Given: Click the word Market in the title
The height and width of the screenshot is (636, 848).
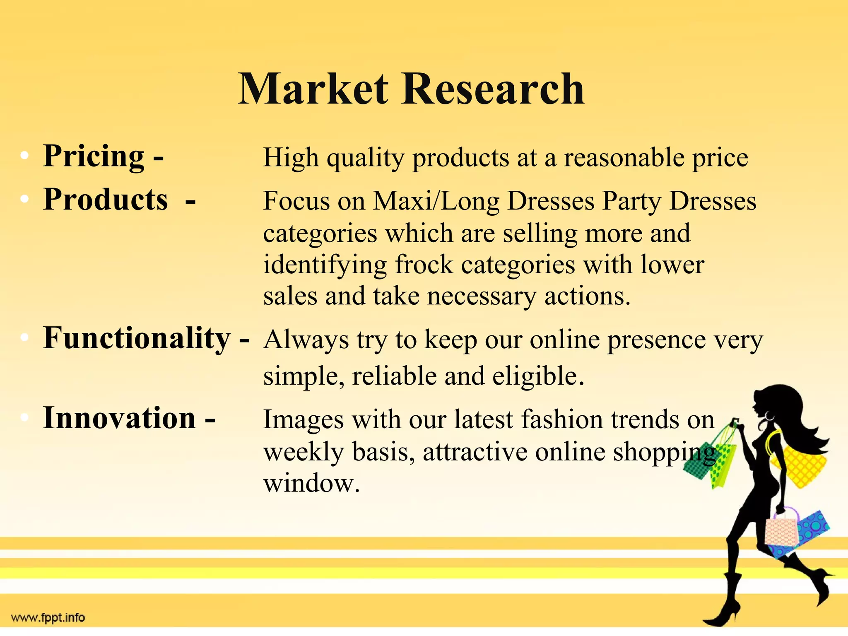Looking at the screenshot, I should click(313, 89).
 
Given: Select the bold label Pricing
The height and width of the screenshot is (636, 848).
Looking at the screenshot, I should click(94, 156).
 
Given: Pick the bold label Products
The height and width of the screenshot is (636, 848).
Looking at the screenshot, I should click(106, 200).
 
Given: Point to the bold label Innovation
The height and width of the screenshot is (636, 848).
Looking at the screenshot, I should click(119, 418).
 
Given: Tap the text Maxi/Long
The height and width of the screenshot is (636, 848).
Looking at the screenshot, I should click(436, 201).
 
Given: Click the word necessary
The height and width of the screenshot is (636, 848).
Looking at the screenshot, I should click(482, 296).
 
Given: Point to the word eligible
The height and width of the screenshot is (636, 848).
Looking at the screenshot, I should click(538, 376).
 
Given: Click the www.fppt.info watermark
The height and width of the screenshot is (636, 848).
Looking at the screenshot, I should click(48, 618).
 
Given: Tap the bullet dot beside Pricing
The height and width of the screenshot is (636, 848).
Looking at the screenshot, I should click(25, 156).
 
